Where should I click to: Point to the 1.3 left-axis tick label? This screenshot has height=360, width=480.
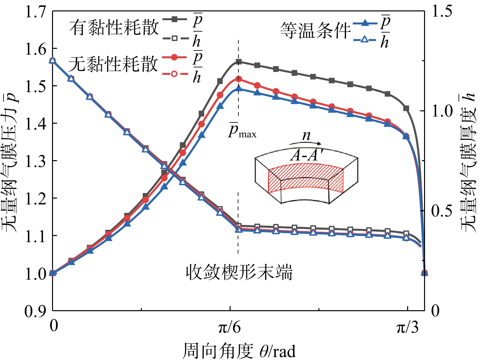tap(36, 161)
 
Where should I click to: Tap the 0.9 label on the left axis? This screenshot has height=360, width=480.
tap(36, 311)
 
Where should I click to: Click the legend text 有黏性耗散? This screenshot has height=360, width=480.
tap(114, 28)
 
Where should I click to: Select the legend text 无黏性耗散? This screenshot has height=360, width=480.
tap(113, 64)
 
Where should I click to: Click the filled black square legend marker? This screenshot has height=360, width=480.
tap(175, 20)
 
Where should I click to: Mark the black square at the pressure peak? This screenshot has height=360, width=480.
tap(239, 62)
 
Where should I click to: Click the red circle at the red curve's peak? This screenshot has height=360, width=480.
tap(239, 79)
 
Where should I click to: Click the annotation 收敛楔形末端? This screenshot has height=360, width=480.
tap(239, 273)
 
